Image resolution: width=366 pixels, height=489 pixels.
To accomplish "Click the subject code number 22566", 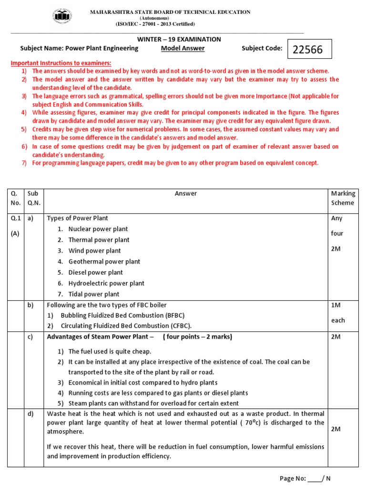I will [x=308, y=50].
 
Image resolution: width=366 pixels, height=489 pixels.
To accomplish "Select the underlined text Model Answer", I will [x=183, y=48].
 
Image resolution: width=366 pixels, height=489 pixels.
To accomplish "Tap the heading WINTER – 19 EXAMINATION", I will [x=183, y=39].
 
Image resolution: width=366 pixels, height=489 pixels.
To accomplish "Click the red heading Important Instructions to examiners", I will [x=61, y=63].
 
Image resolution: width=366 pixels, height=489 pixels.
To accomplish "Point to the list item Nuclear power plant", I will [x=98, y=229].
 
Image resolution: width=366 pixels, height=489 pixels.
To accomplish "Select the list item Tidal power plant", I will [x=94, y=294].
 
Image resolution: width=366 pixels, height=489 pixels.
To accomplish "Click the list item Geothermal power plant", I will [x=104, y=262].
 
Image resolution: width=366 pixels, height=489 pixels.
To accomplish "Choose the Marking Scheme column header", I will [x=343, y=198].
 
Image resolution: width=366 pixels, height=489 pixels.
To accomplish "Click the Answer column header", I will [x=186, y=193].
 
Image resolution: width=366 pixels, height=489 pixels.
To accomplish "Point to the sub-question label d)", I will [x=30, y=414].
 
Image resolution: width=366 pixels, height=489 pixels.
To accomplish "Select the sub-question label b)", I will [x=30, y=305].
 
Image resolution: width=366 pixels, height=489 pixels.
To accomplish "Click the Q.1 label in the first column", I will [x=16, y=218].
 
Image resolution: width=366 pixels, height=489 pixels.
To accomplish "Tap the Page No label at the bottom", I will [x=293, y=478].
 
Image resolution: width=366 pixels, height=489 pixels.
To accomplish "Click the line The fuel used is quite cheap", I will [x=110, y=351].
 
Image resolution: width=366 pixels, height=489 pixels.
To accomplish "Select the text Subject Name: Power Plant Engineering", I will [x=79, y=48].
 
